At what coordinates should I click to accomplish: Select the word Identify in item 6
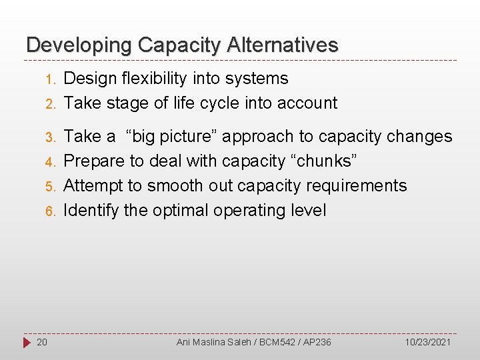pyautogui.click(x=91, y=211)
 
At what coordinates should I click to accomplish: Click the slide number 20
pyautogui.click(x=41, y=342)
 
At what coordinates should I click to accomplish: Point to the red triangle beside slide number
pyautogui.click(x=26, y=342)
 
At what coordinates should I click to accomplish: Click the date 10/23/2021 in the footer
pyautogui.click(x=428, y=342)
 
